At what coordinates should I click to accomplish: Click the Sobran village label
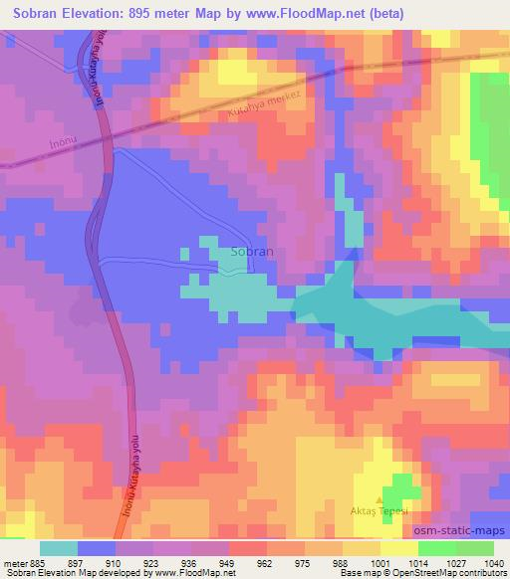tap(251, 253)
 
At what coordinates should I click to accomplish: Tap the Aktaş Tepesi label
tap(378, 509)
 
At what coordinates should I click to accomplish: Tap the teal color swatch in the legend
tap(59, 548)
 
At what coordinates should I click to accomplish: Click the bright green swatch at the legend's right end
tap(475, 548)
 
